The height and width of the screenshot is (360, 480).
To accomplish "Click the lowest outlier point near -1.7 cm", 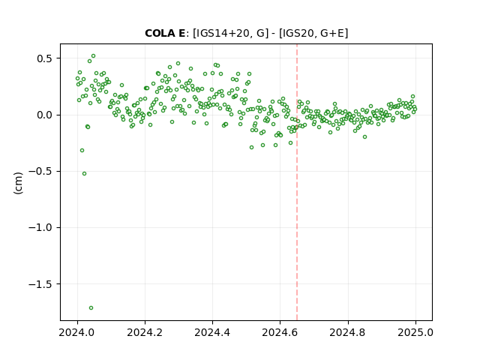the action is pos(91,307).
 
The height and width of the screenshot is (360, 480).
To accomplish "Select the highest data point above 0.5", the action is pos(93,55).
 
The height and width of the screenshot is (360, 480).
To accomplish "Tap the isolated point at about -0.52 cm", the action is pos(84,173).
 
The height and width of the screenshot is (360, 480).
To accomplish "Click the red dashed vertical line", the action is pos(297,182).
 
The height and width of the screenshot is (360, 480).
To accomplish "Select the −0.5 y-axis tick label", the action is pos(41,172).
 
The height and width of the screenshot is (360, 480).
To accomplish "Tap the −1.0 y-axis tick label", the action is pos(41,228).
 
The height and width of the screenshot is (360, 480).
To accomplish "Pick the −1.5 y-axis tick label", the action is pos(41,284).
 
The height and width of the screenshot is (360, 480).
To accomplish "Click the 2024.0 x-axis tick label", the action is pos(77,332).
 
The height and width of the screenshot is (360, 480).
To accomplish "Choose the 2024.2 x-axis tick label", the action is pos(145,332).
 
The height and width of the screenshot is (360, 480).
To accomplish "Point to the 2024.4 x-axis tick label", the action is pos(212,332).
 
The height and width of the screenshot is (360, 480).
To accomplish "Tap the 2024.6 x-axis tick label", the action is pos(280,332).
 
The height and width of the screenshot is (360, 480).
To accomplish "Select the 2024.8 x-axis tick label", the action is pos(348,332).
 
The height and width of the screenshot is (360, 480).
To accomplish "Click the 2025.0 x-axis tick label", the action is pos(415,332).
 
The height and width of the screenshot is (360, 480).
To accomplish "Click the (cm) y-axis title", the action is pos(18,183).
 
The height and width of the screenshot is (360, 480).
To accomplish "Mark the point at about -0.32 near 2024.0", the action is pos(82,150).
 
